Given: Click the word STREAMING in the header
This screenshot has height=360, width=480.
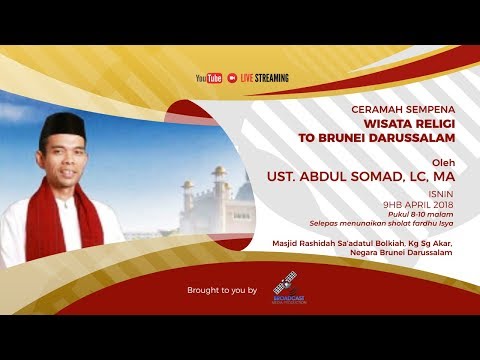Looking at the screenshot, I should (270, 78).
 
